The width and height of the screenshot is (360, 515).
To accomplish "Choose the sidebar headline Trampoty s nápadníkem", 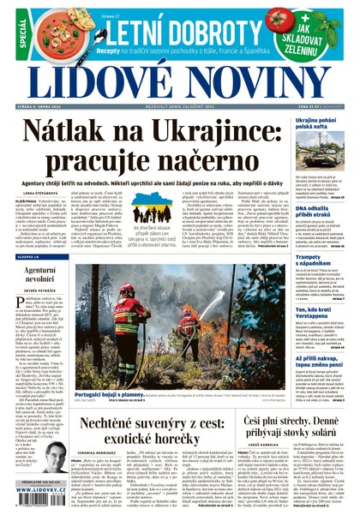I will pyautogui.click(x=319, y=258).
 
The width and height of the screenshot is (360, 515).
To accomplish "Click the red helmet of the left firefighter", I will pyautogui.click(x=125, y=292).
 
